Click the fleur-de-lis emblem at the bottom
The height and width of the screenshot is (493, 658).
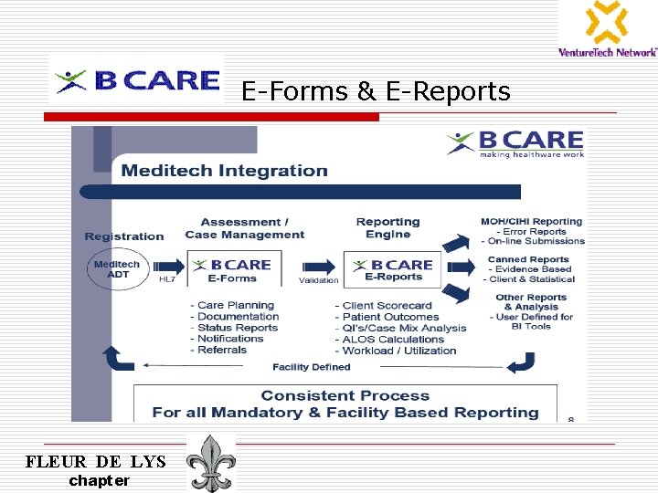pyautogui.click(x=211, y=464)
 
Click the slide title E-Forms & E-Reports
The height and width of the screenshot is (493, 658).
pyautogui.click(x=376, y=91)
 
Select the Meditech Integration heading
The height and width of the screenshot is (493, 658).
pyautogui.click(x=224, y=171)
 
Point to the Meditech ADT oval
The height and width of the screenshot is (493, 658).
pyautogui.click(x=117, y=269)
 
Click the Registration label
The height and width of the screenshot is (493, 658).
pyautogui.click(x=124, y=236)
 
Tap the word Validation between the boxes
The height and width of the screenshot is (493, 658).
pyautogui.click(x=318, y=280)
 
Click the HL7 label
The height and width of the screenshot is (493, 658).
pyautogui.click(x=167, y=279)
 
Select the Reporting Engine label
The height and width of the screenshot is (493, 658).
pyautogui.click(x=387, y=228)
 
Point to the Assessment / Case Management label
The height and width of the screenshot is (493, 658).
pyautogui.click(x=244, y=228)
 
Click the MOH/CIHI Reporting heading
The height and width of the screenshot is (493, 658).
pyautogui.click(x=531, y=221)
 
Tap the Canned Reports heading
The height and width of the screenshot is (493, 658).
pyautogui.click(x=528, y=259)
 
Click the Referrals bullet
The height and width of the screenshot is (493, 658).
pyautogui.click(x=222, y=350)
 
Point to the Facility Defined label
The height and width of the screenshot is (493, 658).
pyautogui.click(x=311, y=367)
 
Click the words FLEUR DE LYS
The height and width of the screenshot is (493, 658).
pyautogui.click(x=96, y=462)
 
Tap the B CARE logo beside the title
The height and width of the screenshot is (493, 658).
pyautogui.click(x=137, y=81)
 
